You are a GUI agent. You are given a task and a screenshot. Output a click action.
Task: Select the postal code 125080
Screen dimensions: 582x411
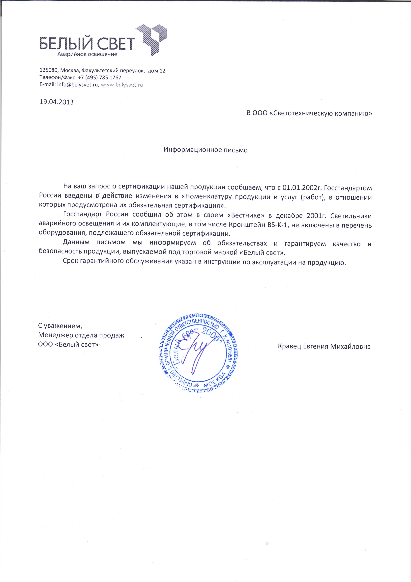coord(49,71)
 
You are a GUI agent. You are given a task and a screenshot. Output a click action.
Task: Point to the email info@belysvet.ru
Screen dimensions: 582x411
coord(78,85)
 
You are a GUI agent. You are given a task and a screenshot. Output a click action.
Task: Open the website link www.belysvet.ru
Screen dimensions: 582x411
coord(122,85)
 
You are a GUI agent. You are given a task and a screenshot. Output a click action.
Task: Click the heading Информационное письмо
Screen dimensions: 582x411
coord(205,150)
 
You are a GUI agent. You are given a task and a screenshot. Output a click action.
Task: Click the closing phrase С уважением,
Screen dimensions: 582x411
coord(60,325)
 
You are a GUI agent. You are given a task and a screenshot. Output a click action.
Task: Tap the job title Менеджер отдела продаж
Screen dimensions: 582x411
coord(81,335)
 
